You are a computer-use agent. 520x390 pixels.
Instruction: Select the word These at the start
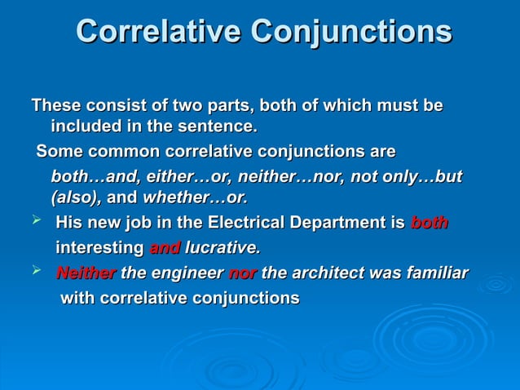point(56,106)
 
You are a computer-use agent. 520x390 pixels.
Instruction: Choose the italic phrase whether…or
point(196,197)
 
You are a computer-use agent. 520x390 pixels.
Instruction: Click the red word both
point(430,223)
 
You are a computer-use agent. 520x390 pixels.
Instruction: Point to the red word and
point(165,247)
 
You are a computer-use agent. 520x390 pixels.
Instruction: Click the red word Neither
point(86,273)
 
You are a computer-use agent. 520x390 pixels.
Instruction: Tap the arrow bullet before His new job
point(37,222)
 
